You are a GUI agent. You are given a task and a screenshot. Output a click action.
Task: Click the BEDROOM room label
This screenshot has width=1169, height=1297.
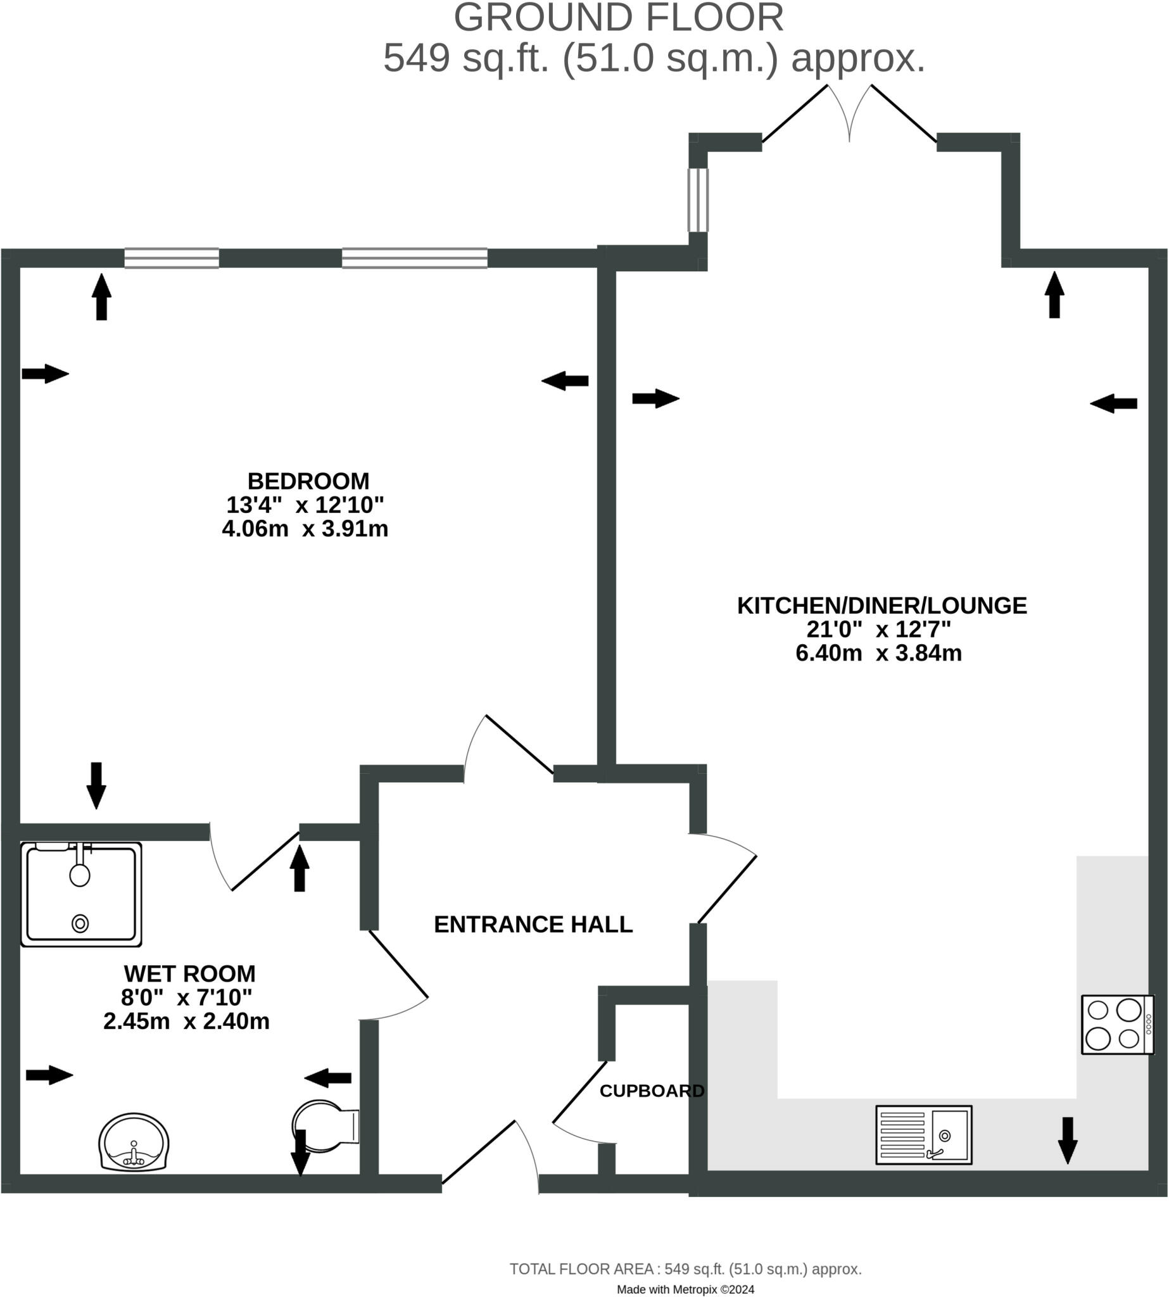point(308,481)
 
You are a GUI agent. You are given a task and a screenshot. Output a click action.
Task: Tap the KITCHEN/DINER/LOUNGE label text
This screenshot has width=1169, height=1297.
point(881,605)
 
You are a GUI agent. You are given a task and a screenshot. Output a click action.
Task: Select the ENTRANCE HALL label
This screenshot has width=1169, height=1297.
point(533,925)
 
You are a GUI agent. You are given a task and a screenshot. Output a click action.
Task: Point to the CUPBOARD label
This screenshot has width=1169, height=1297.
point(652,1091)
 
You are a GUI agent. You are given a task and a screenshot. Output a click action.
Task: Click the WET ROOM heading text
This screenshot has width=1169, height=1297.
point(189,974)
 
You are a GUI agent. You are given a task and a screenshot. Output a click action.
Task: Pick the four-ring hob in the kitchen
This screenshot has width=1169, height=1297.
point(1117,1025)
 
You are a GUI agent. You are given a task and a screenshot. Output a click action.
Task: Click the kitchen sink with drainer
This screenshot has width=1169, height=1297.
point(924,1135)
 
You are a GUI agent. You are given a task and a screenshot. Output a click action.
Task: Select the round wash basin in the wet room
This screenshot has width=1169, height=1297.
point(134,1142)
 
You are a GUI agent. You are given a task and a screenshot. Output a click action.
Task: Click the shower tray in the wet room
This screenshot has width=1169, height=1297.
point(81,895)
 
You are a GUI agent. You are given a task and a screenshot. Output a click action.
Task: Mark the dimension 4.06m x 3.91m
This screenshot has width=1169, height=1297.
point(305,529)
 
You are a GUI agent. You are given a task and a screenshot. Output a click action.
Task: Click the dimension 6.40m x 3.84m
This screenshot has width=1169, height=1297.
point(879,653)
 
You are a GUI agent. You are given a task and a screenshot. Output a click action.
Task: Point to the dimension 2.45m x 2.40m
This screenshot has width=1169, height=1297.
point(186,1022)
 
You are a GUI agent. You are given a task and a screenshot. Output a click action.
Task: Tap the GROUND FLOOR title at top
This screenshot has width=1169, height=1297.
point(619,18)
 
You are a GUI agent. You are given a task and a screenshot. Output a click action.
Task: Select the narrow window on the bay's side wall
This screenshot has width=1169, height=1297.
point(698,199)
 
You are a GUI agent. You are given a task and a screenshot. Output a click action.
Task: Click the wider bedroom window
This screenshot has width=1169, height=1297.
point(414,258)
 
